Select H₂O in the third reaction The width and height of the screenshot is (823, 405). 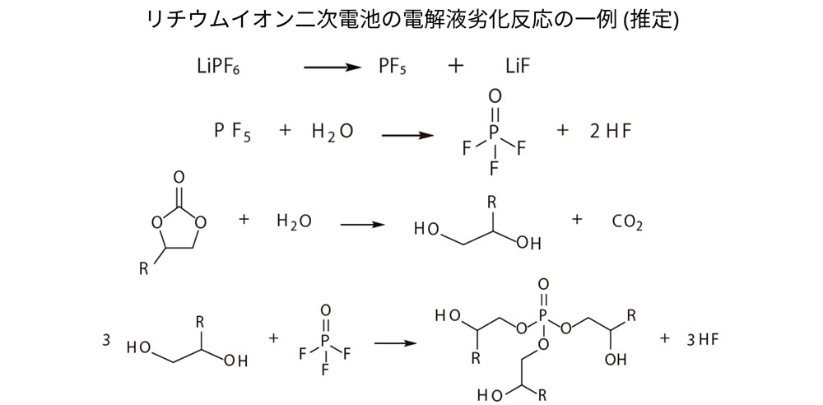pyautogui.click(x=294, y=221)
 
